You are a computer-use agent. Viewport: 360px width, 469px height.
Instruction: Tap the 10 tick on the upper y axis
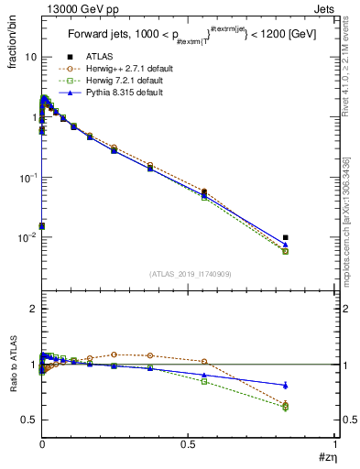coord(30,57)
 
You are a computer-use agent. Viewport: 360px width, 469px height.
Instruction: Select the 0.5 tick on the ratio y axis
coord(28,420)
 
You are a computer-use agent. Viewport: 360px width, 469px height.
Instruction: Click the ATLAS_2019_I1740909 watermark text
coord(190,274)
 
